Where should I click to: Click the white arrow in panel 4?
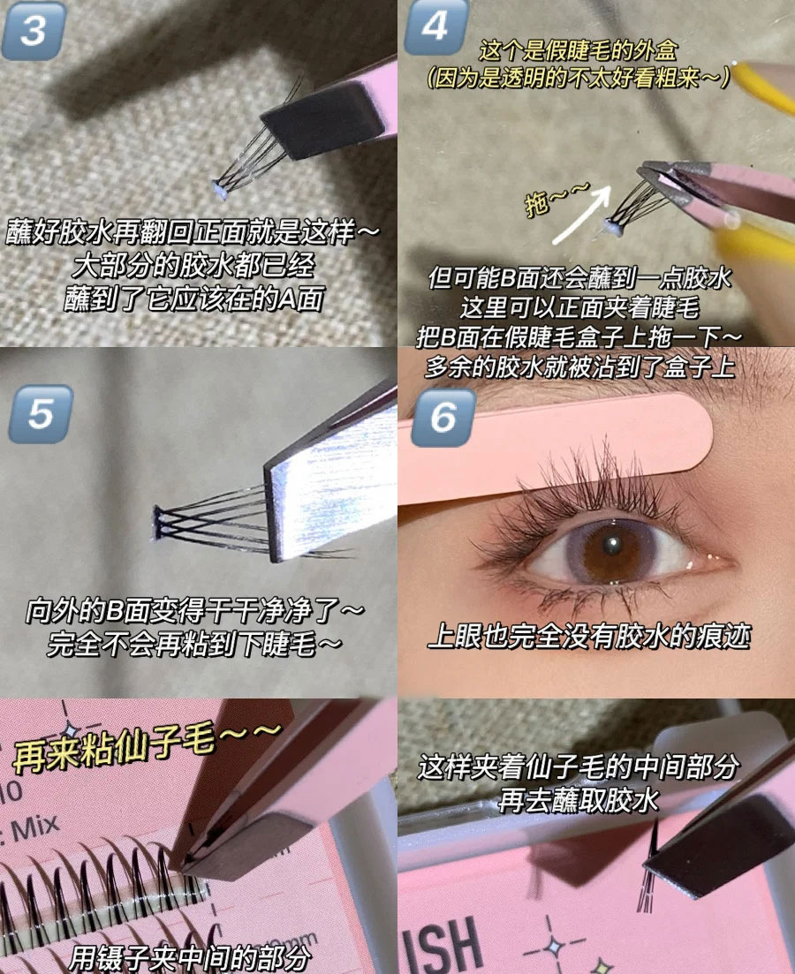[x=579, y=212]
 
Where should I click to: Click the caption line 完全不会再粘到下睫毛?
[x=194, y=644]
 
